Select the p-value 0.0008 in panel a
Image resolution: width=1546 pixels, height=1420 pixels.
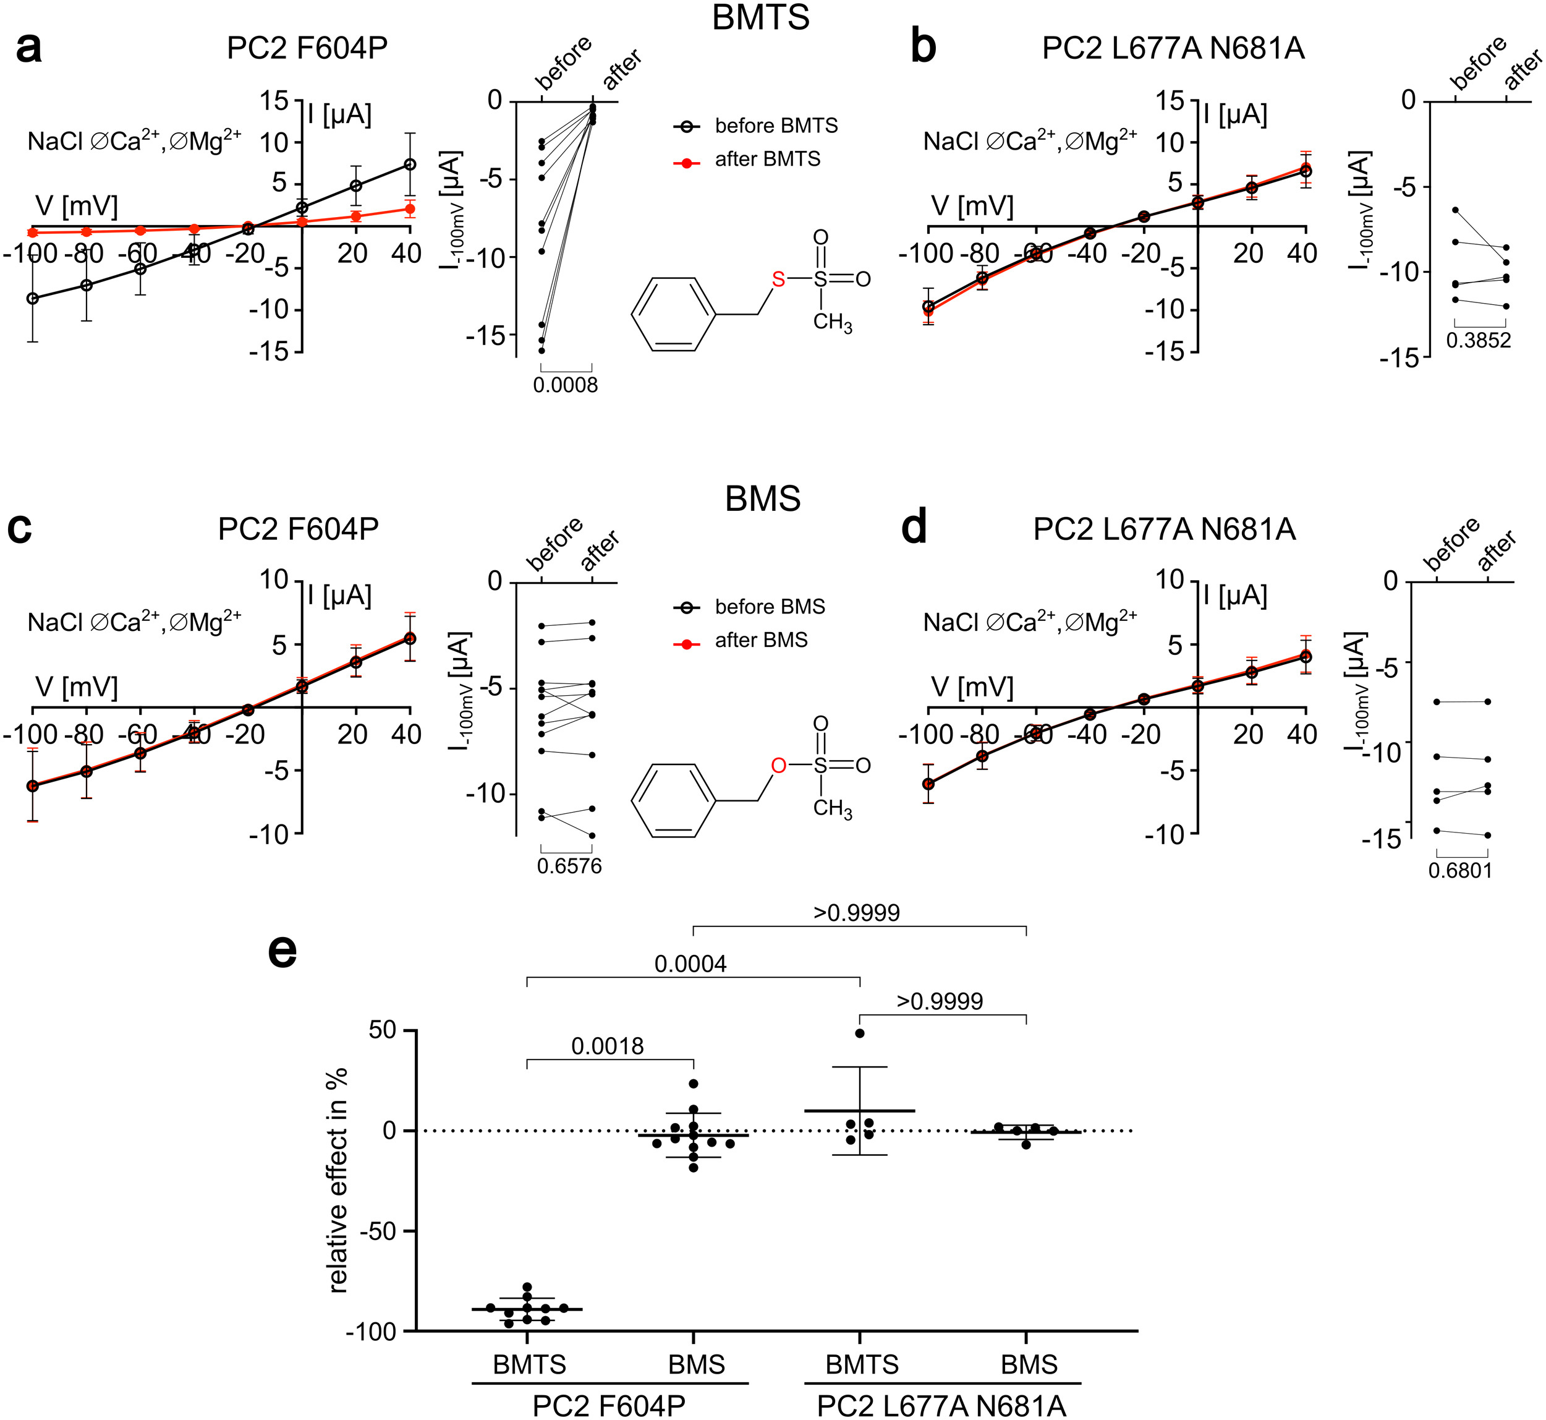coord(565,385)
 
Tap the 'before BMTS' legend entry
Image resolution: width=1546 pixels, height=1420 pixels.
coord(776,126)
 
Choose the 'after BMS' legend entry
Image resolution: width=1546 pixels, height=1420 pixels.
coord(760,640)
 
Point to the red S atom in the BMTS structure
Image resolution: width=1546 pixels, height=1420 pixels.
coord(779,279)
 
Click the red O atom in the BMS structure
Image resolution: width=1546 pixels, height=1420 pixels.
coord(779,765)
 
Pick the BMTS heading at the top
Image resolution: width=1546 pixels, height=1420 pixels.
coord(760,17)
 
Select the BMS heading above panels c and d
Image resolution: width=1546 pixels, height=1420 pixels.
coord(763,498)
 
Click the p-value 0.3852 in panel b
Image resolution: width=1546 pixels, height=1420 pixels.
coord(1479,340)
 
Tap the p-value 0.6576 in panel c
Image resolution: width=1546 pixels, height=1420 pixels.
coord(569,866)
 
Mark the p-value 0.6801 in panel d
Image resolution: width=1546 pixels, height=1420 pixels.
coord(1460,871)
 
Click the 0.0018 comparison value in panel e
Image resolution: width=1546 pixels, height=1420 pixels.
coord(608,1046)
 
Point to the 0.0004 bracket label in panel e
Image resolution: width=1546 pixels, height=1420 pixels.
coord(690,964)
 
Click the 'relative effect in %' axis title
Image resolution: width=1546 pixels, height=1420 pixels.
coord(338,1180)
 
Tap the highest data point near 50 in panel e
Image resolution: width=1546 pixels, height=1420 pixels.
coord(860,1033)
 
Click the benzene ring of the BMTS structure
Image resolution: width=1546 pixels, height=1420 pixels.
coord(674,314)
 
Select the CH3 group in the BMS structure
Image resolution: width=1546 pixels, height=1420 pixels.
coord(833,808)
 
